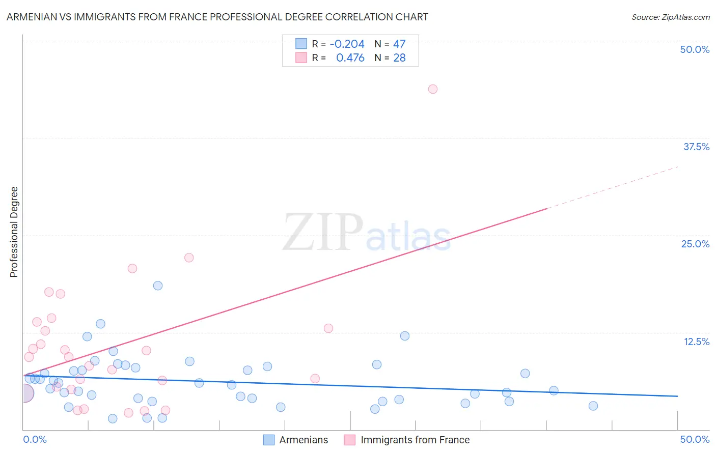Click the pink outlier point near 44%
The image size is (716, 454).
433,89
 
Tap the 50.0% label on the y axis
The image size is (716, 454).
695,49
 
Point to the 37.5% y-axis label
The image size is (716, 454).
696,147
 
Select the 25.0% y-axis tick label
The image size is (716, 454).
695,244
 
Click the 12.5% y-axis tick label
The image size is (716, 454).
696,342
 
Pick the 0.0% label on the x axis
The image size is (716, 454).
35,439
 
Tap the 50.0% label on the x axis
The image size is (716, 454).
695,439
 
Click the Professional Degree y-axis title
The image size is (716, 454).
14,232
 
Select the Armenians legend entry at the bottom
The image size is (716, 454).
304,440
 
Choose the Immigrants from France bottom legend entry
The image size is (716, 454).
415,440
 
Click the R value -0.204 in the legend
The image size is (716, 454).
347,44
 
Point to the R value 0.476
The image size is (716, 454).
350,58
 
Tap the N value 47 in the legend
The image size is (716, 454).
399,44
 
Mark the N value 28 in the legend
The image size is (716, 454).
399,58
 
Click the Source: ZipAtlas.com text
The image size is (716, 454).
670,17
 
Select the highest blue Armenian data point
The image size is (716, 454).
158,286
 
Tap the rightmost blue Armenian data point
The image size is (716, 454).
593,406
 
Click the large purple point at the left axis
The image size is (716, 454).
24,393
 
